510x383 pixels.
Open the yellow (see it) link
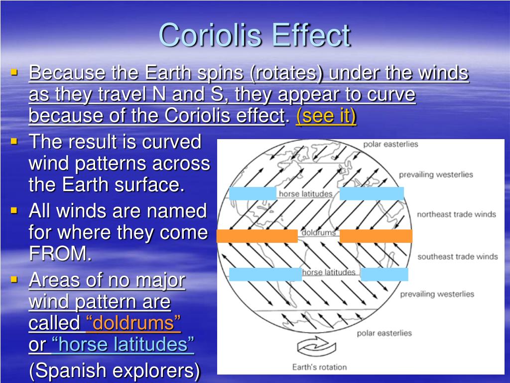pyautogui.click(x=326, y=116)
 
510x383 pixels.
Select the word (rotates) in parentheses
pyautogui.click(x=286, y=73)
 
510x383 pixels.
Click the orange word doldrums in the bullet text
pyautogui.click(x=133, y=323)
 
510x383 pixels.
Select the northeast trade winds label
pyautogui.click(x=456, y=214)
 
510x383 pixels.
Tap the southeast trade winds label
pyautogui.click(x=458, y=257)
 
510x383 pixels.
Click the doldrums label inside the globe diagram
pyautogui.click(x=318, y=232)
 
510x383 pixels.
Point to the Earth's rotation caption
pyautogui.click(x=319, y=367)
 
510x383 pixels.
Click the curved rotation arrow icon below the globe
pyautogui.click(x=316, y=347)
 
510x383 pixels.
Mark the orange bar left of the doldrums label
pyautogui.click(x=257, y=236)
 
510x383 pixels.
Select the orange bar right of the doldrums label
pyautogui.click(x=376, y=236)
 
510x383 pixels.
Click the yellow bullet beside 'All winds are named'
pyautogui.click(x=13, y=210)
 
